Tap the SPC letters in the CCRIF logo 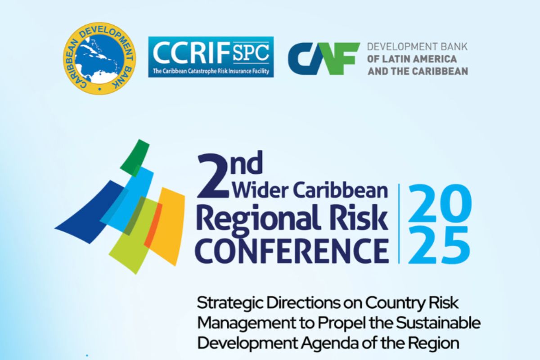click(251, 53)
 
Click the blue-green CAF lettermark click(324, 59)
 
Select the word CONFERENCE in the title click(292, 251)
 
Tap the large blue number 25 click(439, 245)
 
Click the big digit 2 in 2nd click(212, 177)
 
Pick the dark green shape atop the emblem click(135, 157)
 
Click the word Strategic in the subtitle click(230, 304)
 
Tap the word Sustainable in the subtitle click(438, 324)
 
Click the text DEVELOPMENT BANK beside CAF click(417, 47)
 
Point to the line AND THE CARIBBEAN click(418, 72)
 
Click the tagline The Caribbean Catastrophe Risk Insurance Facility click(211, 72)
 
